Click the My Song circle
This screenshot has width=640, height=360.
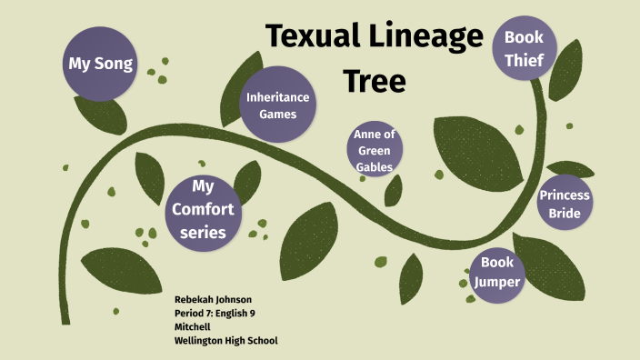(101, 65)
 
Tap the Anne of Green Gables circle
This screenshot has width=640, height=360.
(374, 150)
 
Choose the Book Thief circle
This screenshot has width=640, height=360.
(524, 49)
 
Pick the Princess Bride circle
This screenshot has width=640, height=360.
(564, 204)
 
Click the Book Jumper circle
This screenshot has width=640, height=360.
(498, 272)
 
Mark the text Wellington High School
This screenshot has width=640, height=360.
(225, 340)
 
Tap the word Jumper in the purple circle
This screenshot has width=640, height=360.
(498, 282)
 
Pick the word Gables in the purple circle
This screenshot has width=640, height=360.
(374, 166)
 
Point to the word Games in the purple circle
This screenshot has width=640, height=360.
(277, 115)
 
